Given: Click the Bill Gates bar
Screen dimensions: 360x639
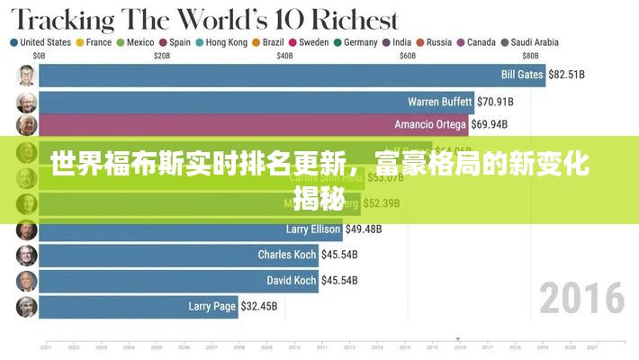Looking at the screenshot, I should (288, 75).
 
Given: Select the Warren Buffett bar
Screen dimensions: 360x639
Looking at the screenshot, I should (252, 101).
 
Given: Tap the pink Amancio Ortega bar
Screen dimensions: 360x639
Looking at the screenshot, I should (252, 124).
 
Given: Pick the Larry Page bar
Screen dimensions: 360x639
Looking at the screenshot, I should (135, 306).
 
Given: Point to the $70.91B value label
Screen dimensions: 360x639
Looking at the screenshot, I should (495, 101).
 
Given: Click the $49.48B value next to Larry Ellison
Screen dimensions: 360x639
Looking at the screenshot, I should (364, 229).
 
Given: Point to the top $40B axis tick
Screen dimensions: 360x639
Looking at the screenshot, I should (284, 55).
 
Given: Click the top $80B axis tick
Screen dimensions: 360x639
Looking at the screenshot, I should (530, 55).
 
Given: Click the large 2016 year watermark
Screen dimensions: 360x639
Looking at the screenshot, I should (581, 298).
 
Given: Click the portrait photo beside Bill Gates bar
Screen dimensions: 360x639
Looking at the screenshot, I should (25, 76).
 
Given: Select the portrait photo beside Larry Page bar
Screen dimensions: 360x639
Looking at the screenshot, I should (25, 307).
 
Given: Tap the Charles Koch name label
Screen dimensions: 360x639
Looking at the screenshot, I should (287, 255).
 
